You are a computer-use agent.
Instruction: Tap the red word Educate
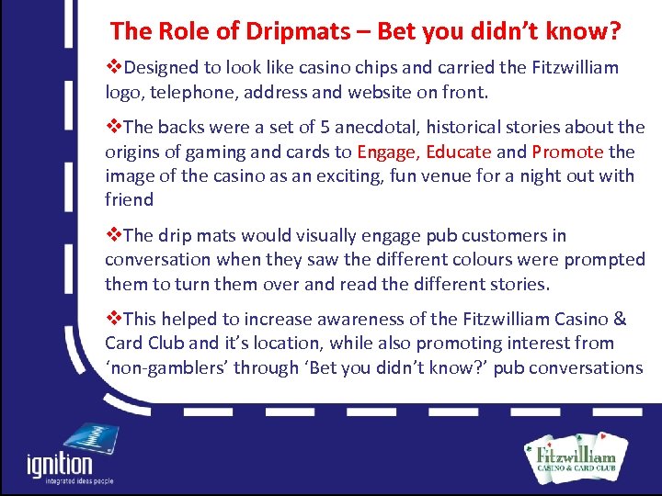[x=461, y=152]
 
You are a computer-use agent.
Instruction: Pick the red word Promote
[x=567, y=152]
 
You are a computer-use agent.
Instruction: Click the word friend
[x=129, y=199]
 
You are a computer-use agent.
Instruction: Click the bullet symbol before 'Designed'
[x=115, y=67]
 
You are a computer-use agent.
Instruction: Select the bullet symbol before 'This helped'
[x=115, y=319]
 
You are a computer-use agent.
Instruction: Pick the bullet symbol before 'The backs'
[x=115, y=127]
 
